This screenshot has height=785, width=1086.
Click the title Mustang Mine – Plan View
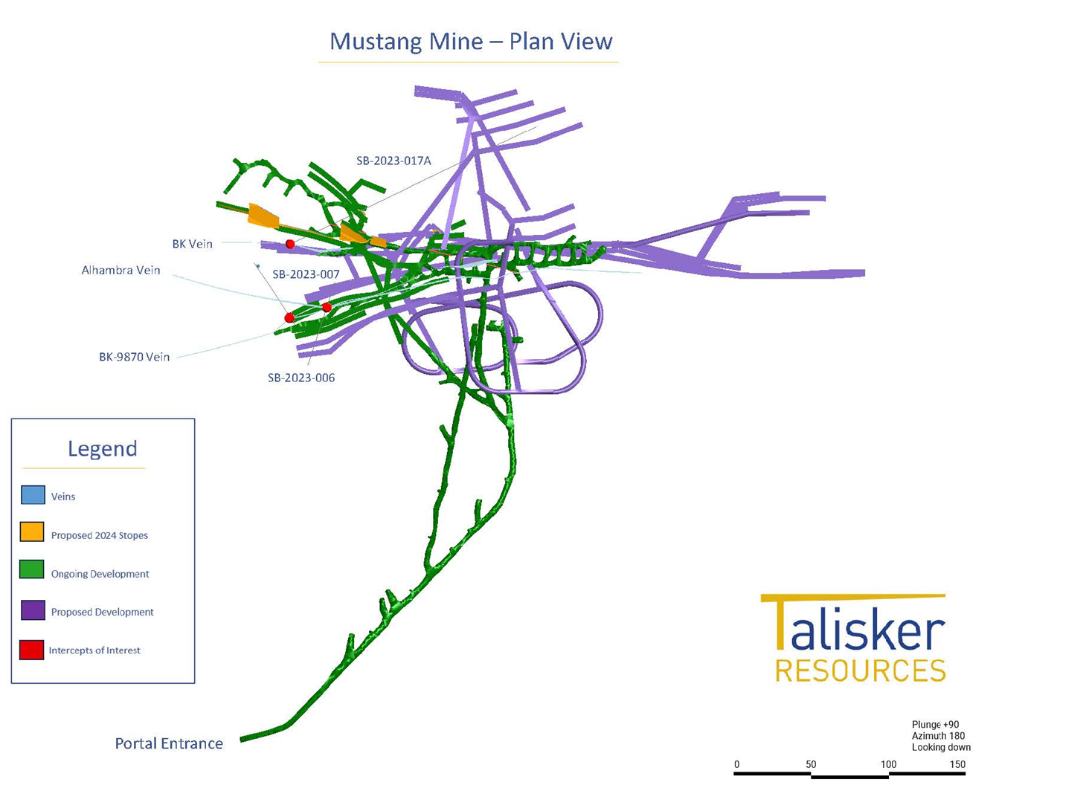point(471,42)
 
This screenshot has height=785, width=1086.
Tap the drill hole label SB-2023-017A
point(393,161)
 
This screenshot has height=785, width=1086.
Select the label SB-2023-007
point(306,274)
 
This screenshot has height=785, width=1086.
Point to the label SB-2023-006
point(301,378)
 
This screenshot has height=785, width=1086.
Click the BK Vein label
point(193,244)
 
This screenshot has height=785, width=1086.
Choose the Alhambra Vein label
point(121,270)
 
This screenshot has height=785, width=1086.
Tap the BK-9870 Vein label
point(135,357)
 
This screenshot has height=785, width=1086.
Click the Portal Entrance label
point(169,743)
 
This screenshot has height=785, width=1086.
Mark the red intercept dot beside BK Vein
point(290,245)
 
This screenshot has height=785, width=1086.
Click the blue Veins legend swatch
point(33,495)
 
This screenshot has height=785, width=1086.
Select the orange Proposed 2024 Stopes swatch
point(32,532)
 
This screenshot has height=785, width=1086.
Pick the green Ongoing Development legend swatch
point(31,569)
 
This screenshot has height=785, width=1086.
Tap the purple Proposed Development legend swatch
point(33,610)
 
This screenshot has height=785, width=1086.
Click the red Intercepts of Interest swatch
point(31,650)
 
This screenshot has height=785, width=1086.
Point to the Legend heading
point(103,449)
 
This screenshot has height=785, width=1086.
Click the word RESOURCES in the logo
point(861,671)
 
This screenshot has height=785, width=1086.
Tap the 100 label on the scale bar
point(888,764)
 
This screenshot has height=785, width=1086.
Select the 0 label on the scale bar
point(737,764)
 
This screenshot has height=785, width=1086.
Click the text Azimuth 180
point(938,736)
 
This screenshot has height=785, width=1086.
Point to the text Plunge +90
point(935,725)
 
